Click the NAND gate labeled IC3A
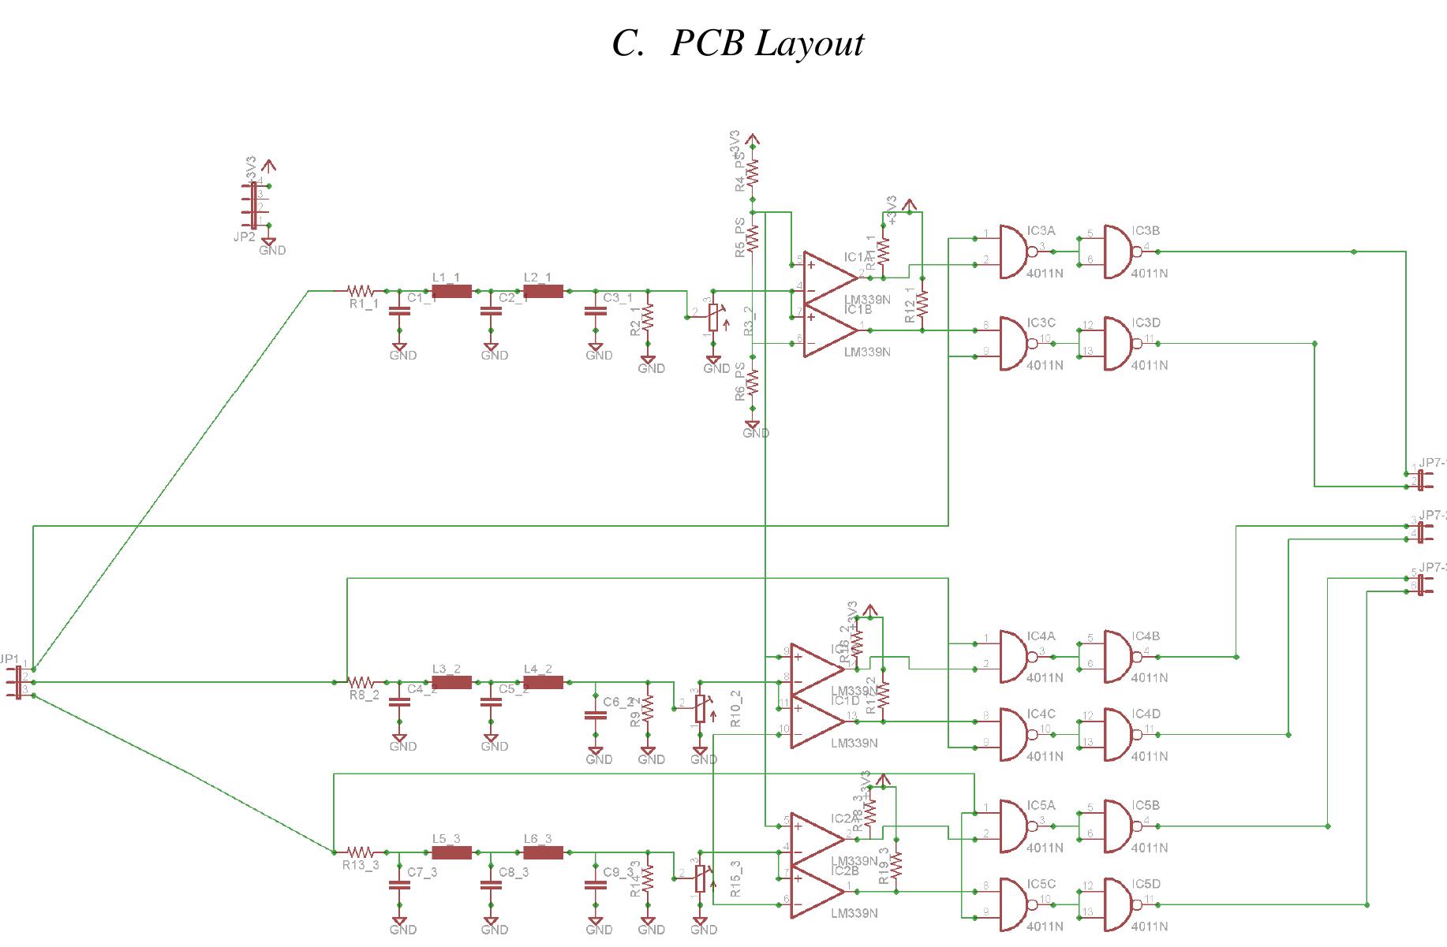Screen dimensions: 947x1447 point(1015,252)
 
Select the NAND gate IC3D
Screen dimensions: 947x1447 point(1119,344)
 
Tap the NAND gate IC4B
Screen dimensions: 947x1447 point(1119,656)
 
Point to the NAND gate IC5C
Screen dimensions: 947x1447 point(1015,904)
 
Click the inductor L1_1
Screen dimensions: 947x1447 point(452,291)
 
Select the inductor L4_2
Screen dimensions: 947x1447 point(544,682)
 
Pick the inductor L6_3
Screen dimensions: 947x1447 point(544,852)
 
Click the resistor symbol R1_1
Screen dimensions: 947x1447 point(361,291)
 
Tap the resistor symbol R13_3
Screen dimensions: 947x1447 point(361,852)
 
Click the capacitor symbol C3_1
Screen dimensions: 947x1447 point(595,311)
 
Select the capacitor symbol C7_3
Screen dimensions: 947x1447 point(399,884)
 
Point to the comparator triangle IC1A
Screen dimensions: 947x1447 point(828,278)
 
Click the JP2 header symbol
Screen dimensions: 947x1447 point(254,206)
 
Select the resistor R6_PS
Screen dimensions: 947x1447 point(753,382)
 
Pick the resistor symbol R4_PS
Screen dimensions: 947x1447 point(753,173)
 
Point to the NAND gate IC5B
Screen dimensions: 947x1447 point(1119,826)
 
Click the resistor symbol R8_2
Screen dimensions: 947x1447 point(361,682)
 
